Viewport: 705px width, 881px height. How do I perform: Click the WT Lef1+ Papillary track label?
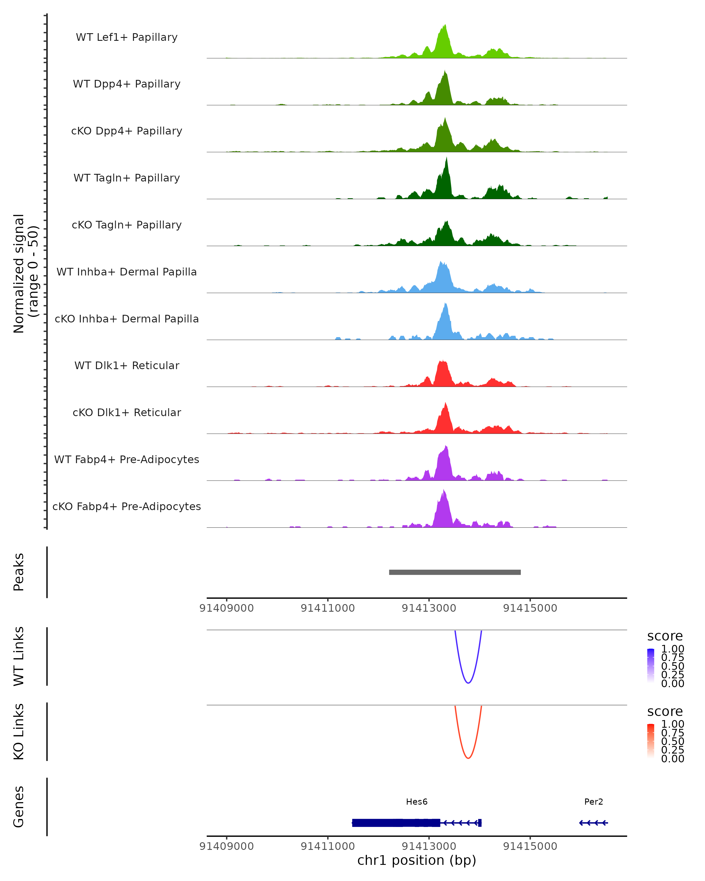point(127,37)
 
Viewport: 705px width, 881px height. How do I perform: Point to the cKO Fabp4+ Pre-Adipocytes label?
point(127,506)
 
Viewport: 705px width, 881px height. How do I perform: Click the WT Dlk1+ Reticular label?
point(127,365)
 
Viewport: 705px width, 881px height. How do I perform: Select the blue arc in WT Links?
point(468,682)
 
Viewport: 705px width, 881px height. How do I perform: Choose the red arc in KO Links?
point(468,758)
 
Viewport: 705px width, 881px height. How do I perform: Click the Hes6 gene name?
point(417,801)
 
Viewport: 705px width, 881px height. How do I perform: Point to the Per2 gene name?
point(593,801)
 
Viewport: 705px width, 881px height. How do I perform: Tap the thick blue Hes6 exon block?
point(396,823)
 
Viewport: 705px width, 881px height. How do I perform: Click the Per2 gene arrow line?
point(593,823)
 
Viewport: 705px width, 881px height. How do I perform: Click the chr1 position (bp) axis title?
point(417,860)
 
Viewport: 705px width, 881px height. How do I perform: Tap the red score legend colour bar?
point(651,740)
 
